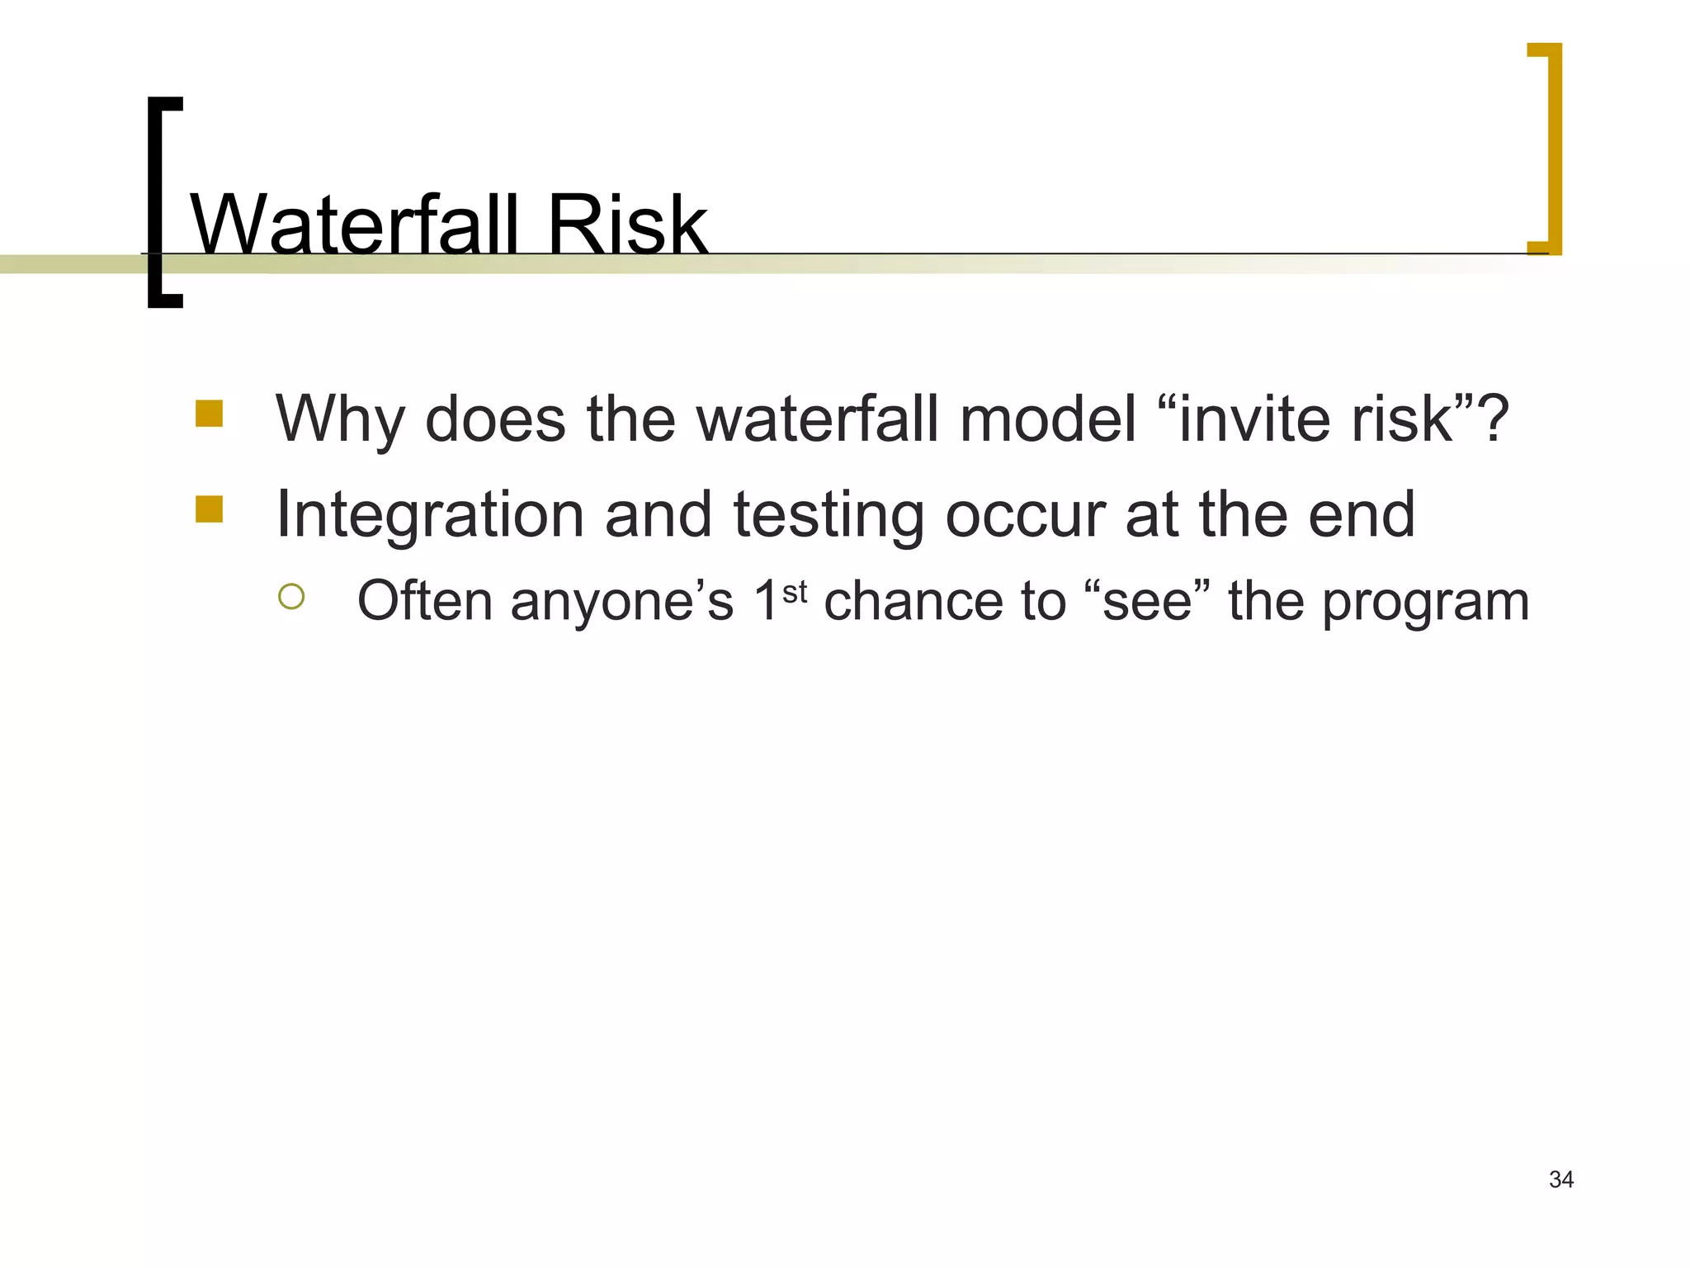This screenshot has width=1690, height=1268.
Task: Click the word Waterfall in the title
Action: [355, 225]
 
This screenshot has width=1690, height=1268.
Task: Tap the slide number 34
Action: [1561, 1180]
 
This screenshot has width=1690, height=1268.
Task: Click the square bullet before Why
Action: [210, 414]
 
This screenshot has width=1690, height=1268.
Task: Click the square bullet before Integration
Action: [210, 509]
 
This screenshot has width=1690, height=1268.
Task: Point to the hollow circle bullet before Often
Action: [291, 597]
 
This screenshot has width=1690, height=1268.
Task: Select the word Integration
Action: [429, 515]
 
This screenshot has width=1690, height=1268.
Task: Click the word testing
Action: [828, 515]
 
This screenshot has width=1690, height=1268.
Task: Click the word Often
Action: [424, 600]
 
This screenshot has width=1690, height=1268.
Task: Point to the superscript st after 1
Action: [794, 591]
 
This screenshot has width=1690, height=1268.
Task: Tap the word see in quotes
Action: [1147, 602]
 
